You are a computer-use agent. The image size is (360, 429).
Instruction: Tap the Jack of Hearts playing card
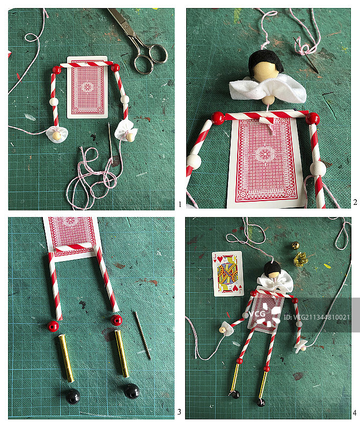[x=227, y=274]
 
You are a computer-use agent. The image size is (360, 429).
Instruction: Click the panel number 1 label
[x=180, y=204]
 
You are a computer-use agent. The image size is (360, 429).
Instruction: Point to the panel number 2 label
[x=355, y=202]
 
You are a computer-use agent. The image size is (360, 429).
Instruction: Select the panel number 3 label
[x=179, y=412]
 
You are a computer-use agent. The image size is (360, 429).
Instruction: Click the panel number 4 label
[x=355, y=413]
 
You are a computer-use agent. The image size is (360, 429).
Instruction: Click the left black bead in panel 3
[x=72, y=396]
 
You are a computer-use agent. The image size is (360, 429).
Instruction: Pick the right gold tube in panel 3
[x=122, y=353]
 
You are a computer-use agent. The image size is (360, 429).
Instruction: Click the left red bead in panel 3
[x=53, y=326]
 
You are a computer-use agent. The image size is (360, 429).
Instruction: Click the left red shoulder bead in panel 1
[x=56, y=70]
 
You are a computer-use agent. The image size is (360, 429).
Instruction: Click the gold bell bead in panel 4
[x=295, y=245]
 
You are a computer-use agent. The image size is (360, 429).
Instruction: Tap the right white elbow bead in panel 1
[x=125, y=99]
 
